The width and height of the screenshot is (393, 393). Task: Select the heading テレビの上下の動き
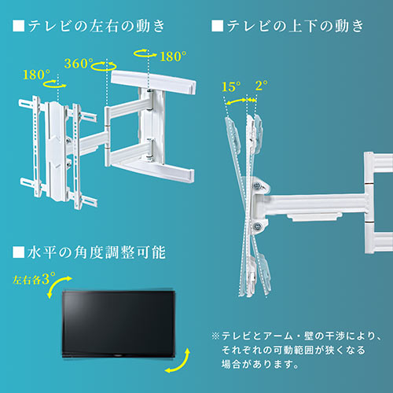point(295,26)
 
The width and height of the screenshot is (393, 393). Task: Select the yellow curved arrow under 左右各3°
point(56,289)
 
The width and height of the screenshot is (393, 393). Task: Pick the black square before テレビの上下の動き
point(217,26)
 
